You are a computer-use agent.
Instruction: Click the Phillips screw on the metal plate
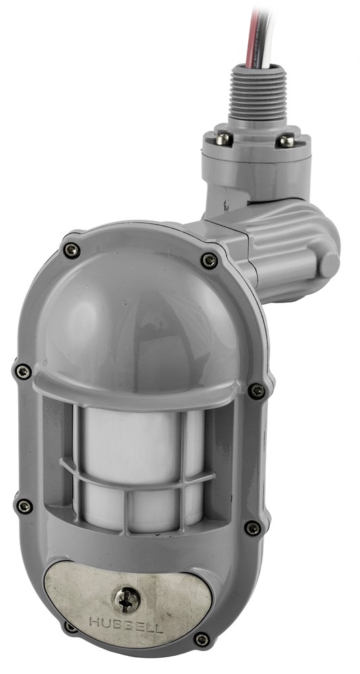pyautogui.click(x=127, y=600)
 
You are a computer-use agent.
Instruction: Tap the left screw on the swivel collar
pyautogui.click(x=223, y=139)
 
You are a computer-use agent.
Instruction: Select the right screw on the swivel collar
pyautogui.click(x=286, y=141)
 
